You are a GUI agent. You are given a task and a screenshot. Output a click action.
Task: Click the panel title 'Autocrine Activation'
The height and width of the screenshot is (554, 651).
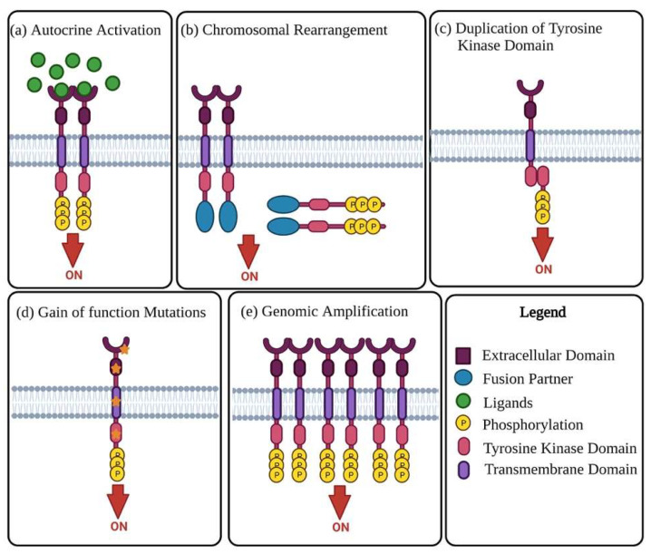[96, 30]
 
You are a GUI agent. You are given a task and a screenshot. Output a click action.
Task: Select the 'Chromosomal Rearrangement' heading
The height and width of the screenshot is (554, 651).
[295, 30]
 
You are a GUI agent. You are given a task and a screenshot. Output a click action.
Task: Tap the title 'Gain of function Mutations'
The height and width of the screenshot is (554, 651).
[121, 312]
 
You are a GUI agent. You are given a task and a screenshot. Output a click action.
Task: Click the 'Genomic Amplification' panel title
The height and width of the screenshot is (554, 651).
[335, 312]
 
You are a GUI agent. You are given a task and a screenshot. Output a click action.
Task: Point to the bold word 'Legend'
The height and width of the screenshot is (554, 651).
[542, 312]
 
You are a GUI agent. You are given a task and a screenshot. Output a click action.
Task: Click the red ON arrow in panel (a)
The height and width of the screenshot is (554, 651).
[73, 250]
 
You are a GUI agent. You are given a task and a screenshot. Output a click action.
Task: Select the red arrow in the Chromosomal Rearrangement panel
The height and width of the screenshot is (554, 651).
[248, 252]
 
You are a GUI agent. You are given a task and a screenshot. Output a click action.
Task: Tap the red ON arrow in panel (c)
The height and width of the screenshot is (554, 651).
[542, 245]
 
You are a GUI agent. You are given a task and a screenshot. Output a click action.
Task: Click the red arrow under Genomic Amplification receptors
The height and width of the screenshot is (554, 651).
[340, 502]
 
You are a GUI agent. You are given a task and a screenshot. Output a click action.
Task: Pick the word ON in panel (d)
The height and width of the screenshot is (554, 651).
[119, 527]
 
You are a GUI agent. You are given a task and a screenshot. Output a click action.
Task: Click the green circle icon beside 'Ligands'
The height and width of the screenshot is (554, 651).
[463, 401]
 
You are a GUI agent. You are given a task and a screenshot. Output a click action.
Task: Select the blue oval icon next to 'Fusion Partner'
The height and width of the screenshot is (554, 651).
[463, 378]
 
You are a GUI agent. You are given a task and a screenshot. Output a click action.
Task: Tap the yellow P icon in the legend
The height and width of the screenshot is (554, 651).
[463, 423]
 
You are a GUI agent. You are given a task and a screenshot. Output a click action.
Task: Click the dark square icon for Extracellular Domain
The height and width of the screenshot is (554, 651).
[463, 355]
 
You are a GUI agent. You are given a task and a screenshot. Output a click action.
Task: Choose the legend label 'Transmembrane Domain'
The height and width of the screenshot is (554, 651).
[560, 470]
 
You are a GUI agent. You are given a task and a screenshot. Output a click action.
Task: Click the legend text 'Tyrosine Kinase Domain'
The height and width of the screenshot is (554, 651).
[559, 449]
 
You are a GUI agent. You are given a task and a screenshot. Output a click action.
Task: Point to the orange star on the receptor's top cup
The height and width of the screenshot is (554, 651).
[124, 350]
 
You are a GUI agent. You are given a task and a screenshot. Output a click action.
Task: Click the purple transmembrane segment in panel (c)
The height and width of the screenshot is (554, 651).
[530, 145]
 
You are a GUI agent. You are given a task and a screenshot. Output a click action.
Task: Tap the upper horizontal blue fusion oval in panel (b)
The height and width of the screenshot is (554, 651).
[283, 204]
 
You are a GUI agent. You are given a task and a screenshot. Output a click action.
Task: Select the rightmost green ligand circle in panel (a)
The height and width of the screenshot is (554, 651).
[112, 83]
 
